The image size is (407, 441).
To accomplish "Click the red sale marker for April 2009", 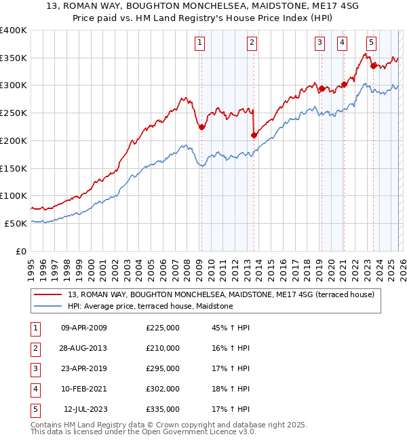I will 201,127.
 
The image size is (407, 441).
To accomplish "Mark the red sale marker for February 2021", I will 344,84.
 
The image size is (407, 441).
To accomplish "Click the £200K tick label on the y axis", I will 13,140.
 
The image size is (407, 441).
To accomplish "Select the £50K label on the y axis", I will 16,223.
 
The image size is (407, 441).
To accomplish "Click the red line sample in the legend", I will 48,294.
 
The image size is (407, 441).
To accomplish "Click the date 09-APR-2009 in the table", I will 83,328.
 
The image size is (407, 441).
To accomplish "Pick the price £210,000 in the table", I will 163,348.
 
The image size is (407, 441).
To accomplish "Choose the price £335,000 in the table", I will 163,409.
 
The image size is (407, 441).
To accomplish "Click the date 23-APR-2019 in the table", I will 83,368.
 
